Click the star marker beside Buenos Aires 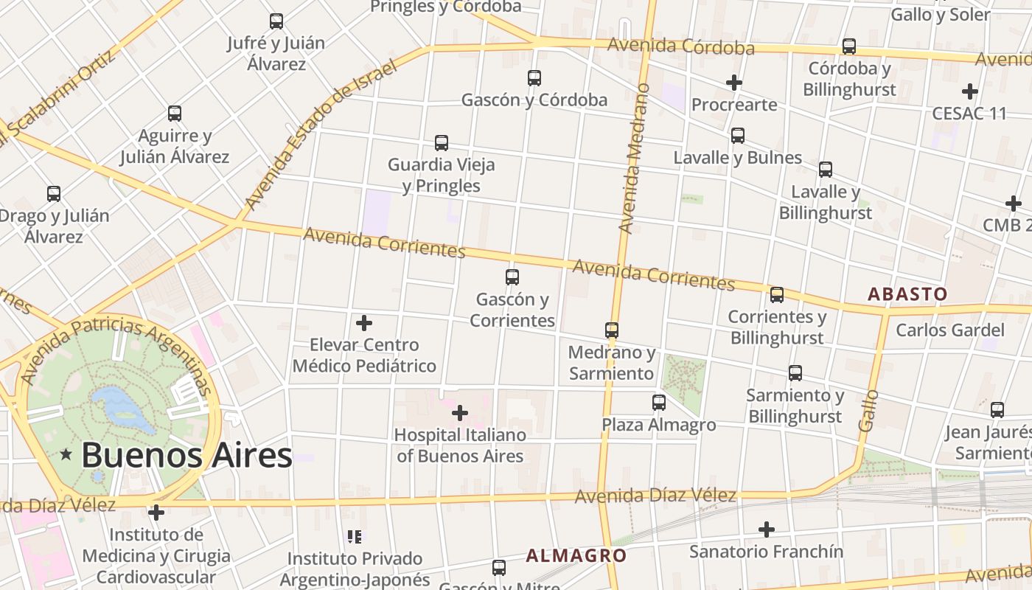pos(66,455)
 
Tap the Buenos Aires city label pos(186,455)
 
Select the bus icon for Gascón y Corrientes pos(512,277)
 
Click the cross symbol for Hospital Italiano pos(460,412)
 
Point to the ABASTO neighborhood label pos(907,294)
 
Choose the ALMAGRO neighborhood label pos(576,556)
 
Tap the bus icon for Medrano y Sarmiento pos(612,330)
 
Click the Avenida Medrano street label pos(635,159)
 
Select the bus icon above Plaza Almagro pos(659,403)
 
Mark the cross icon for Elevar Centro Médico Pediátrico pos(364,323)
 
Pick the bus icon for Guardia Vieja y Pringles pos(442,142)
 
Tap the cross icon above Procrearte pos(734,83)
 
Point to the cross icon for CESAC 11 pos(970,91)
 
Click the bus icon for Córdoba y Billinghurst pos(849,46)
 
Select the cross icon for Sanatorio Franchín pos(767,529)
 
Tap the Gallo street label pos(870,411)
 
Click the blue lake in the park pos(122,406)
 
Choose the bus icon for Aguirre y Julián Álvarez pos(175,114)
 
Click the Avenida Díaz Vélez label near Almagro pos(655,496)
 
